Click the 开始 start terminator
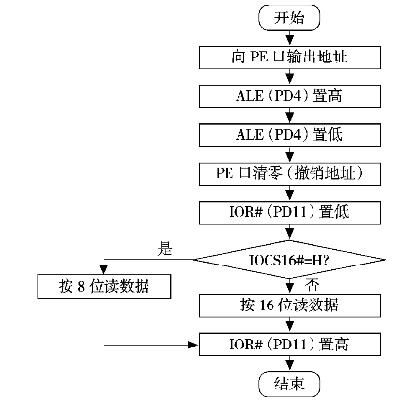pos(289,18)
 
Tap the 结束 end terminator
pos(289,384)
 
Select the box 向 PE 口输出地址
pos(290,58)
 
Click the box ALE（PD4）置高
pos(290,97)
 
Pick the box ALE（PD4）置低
pos(290,135)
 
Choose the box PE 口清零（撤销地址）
pos(290,175)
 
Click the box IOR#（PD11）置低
pos(290,213)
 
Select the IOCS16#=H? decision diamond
pos(289,260)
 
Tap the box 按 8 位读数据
pos(104,287)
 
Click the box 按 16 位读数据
pos(290,306)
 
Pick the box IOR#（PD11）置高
pos(290,345)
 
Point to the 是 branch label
pos(165,248)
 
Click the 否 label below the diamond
pos(312,285)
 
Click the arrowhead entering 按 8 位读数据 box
pos(104,270)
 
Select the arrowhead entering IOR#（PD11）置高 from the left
pos(194,345)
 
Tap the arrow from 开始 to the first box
pos(289,38)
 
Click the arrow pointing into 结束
pos(289,363)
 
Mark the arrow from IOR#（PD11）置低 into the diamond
pos(289,232)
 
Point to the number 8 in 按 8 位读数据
pos(81,287)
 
